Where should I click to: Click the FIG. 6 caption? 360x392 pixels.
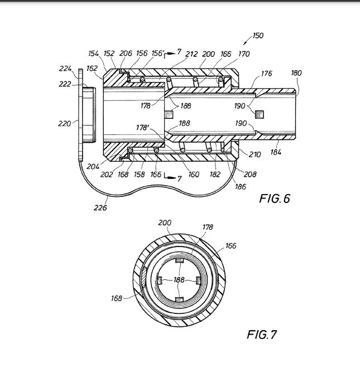tap(275, 199)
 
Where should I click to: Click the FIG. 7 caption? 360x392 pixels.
tap(262, 335)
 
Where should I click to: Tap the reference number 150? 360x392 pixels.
tap(258, 36)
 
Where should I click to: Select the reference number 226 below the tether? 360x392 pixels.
tap(100, 207)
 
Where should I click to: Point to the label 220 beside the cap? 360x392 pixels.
tap(65, 123)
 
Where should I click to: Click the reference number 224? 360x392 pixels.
tap(65, 69)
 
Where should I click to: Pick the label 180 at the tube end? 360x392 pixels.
tap(296, 73)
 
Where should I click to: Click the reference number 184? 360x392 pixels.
tap(276, 152)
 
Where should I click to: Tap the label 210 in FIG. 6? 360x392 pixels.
tap(255, 154)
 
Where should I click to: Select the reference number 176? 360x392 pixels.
tap(266, 74)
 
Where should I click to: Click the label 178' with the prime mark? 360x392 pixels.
tap(142, 128)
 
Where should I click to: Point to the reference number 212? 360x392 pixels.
tap(191, 54)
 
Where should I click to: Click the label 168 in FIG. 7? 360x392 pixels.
tap(117, 298)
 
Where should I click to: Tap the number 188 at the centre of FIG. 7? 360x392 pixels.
tap(179, 280)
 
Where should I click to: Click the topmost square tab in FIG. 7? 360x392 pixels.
tap(179, 260)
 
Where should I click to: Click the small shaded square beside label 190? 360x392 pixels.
tap(260, 115)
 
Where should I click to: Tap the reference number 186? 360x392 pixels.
tap(241, 186)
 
